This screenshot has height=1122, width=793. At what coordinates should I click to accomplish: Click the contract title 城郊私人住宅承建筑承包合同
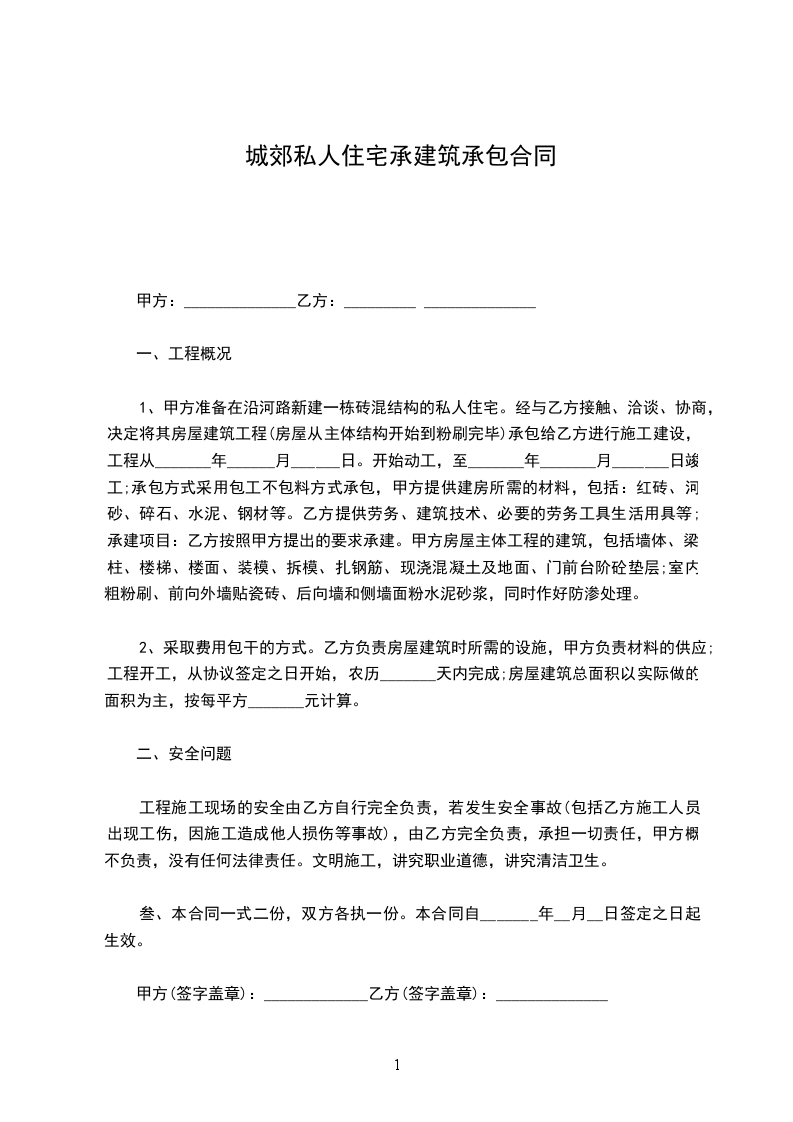click(401, 157)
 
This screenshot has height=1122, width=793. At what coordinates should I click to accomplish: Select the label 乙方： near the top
click(317, 300)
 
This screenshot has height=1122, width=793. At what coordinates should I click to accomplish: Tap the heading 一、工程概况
click(183, 354)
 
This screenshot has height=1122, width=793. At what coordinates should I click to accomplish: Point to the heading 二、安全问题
click(183, 754)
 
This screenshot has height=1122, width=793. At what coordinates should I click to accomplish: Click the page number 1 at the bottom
click(397, 1064)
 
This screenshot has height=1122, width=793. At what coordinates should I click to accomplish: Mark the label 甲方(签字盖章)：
click(197, 994)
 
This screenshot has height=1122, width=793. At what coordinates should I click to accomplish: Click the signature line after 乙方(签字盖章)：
click(552, 995)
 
